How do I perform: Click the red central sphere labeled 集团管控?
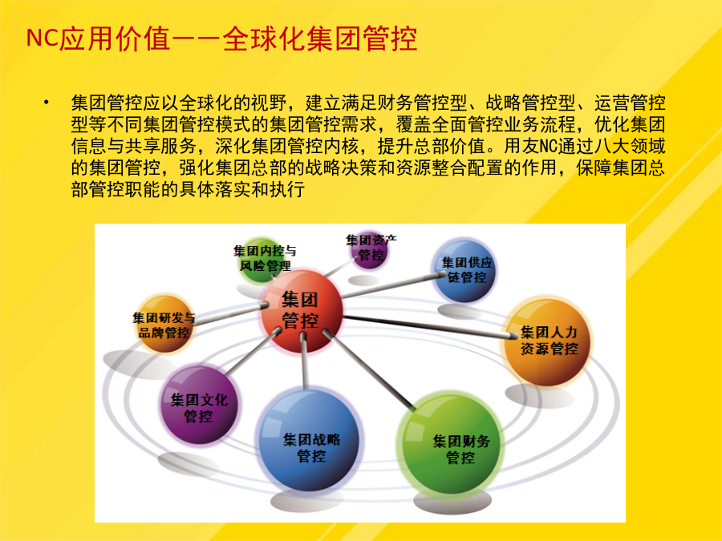click(x=302, y=312)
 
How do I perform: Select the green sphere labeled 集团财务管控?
click(x=451, y=444)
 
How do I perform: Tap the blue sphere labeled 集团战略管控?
click(x=309, y=441)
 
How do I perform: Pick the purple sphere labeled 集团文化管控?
click(x=199, y=405)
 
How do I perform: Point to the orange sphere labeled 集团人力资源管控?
click(x=547, y=341)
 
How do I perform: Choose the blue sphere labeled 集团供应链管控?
click(x=464, y=271)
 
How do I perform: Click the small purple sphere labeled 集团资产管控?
click(x=369, y=250)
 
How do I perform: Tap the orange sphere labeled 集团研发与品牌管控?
click(x=164, y=324)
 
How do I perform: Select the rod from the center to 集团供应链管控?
click(x=393, y=285)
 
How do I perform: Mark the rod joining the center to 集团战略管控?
click(x=304, y=361)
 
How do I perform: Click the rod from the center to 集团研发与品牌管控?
click(x=230, y=313)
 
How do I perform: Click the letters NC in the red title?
click(x=42, y=38)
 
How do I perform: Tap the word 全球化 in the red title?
click(x=264, y=38)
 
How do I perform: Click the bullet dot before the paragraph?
click(x=46, y=102)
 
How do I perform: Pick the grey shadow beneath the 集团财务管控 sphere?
click(x=452, y=503)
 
